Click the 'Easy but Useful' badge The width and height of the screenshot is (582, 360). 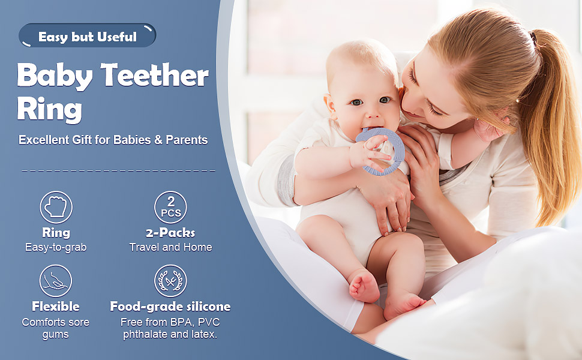point(88,36)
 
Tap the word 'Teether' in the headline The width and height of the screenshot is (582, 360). point(155,76)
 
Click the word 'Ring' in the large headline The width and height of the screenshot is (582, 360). point(49,110)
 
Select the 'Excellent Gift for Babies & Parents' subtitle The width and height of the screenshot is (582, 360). point(113,140)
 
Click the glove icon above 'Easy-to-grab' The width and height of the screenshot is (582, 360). point(56,208)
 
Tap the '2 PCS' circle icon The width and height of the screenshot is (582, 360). point(171,208)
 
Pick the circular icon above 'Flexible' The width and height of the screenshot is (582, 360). point(56,281)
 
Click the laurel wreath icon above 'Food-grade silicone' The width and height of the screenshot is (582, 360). point(170,281)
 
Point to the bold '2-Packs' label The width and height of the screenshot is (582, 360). point(170,233)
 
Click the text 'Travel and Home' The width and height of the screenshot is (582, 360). point(170,247)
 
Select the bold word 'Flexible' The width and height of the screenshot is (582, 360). point(56,307)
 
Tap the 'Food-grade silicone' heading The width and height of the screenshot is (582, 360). point(170,307)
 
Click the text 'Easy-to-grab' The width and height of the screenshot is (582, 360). point(56,247)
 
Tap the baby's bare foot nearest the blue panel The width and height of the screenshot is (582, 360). point(364,287)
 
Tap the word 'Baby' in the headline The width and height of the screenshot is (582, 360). point(55,76)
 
